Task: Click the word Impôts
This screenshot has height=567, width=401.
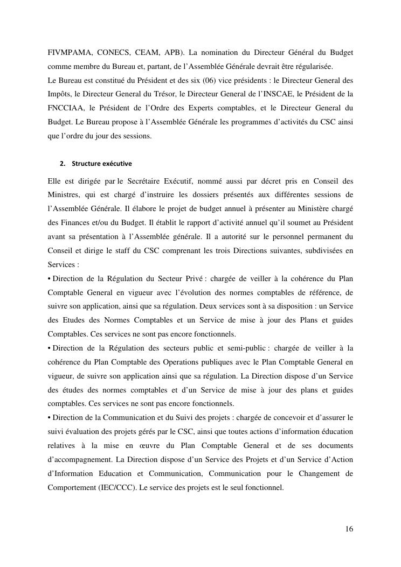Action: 60,95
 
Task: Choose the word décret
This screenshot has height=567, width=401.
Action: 255,180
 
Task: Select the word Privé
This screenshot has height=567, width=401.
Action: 191,278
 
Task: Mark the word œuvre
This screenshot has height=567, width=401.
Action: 171,446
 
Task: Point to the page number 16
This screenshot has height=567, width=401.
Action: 349,529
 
